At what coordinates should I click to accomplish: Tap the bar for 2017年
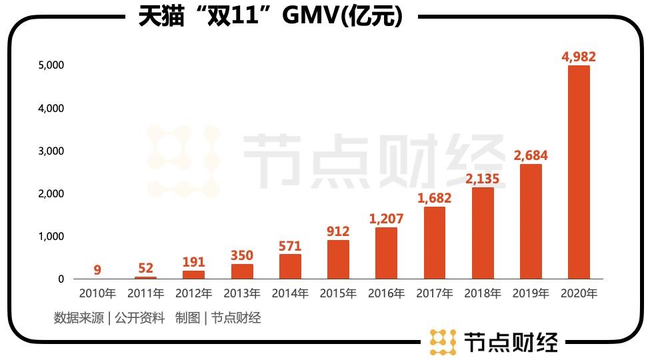(x=434, y=243)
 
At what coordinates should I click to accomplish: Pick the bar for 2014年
(x=290, y=267)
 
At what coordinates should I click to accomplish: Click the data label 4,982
(x=579, y=57)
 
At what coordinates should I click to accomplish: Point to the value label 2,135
(x=482, y=179)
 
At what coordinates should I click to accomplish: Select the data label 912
(x=338, y=231)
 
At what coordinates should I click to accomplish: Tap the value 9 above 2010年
(x=97, y=270)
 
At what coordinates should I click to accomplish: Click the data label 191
(x=193, y=262)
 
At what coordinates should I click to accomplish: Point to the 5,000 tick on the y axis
(x=51, y=65)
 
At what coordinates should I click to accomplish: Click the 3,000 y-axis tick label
(x=51, y=151)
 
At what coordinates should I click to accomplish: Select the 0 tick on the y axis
(x=60, y=279)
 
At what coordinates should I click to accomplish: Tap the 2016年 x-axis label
(x=386, y=294)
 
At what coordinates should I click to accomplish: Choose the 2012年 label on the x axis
(x=193, y=294)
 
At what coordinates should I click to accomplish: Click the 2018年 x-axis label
(x=482, y=294)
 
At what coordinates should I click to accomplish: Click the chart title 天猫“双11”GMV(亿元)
(x=271, y=16)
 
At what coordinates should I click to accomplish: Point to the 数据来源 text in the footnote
(x=79, y=318)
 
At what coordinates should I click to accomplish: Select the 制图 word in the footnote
(x=187, y=318)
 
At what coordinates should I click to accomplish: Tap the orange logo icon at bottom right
(x=443, y=341)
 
